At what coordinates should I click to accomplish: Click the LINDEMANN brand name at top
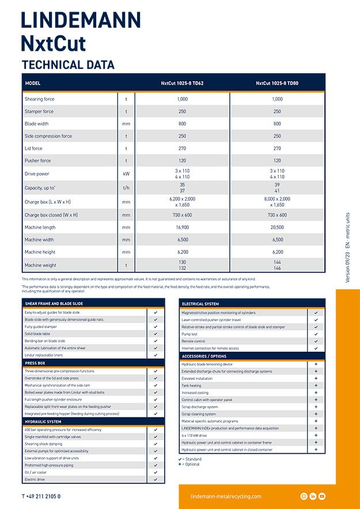pyautogui.click(x=81, y=21)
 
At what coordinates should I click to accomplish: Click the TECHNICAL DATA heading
pyautogui.click(x=68, y=65)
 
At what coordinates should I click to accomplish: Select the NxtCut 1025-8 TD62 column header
pyautogui.click(x=182, y=83)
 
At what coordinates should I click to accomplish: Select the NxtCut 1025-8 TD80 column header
pyautogui.click(x=277, y=83)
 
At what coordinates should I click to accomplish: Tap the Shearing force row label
pyautogui.click(x=39, y=99)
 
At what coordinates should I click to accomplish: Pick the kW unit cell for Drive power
pyautogui.click(x=126, y=174)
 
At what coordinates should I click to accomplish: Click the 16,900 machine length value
pyautogui.click(x=182, y=227)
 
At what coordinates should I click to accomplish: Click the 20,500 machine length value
pyautogui.click(x=277, y=227)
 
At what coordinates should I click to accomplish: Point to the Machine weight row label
pyautogui.click(x=40, y=265)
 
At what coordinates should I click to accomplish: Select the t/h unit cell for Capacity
pyautogui.click(x=126, y=188)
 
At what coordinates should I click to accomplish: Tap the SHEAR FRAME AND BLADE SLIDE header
pyautogui.click(x=54, y=303)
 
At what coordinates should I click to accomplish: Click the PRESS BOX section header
pyautogui.click(x=35, y=363)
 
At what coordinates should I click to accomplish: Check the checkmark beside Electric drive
pyautogui.click(x=156, y=480)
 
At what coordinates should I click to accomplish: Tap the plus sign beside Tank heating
pyautogui.click(x=316, y=386)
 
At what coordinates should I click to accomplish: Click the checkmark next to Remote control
pyautogui.click(x=316, y=341)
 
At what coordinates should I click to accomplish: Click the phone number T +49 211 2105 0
pyautogui.click(x=41, y=496)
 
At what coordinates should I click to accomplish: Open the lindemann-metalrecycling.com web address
pyautogui.click(x=226, y=496)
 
